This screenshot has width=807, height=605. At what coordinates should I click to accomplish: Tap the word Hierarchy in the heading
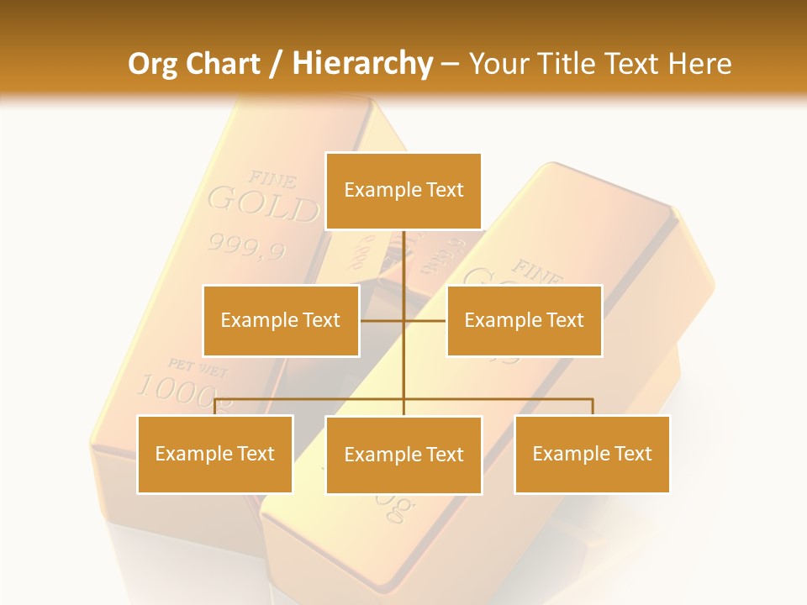pos(361,64)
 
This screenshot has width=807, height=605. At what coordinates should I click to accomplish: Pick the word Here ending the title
pos(699,64)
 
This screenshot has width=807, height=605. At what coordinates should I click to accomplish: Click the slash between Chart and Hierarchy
pos(276,64)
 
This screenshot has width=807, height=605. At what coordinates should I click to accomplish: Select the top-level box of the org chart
pos(403,191)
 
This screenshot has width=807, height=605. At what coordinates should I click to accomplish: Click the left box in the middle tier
pos(281,320)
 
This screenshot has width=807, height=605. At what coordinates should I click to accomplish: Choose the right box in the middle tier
pos(524,320)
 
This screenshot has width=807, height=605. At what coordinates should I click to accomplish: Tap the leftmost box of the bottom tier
pos(215,454)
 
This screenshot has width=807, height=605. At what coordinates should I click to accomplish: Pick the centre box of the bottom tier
pos(403,455)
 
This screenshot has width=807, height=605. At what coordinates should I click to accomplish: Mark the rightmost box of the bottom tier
pos(592,454)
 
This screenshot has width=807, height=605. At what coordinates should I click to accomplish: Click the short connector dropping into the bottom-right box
pos(593,407)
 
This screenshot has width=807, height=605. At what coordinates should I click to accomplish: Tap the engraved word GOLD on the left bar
pos(263,205)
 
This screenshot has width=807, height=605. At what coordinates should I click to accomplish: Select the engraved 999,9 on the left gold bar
pos(247,246)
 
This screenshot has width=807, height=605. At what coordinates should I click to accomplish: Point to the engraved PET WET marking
pos(198,366)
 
